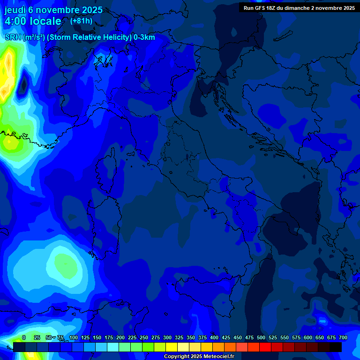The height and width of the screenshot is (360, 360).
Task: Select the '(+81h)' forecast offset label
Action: tap(81, 21)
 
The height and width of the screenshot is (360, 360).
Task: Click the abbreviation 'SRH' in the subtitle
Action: tap(13, 37)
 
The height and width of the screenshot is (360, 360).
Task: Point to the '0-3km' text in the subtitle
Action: tap(144, 37)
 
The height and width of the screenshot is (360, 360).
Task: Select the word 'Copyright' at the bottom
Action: tap(177, 357)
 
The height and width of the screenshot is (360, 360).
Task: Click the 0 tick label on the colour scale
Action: tap(24, 337)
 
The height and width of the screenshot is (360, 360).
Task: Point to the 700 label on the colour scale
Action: tap(343, 337)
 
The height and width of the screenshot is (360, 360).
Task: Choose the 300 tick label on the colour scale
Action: tap(167, 337)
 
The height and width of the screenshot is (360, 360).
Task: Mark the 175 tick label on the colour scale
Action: tap(108, 337)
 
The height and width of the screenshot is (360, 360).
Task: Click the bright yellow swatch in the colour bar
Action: tap(172, 347)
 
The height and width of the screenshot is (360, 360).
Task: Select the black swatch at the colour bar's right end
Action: tap(336, 347)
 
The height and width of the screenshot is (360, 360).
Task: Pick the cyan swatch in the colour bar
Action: tap(113, 347)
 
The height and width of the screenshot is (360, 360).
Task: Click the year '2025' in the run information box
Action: tap(347, 8)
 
